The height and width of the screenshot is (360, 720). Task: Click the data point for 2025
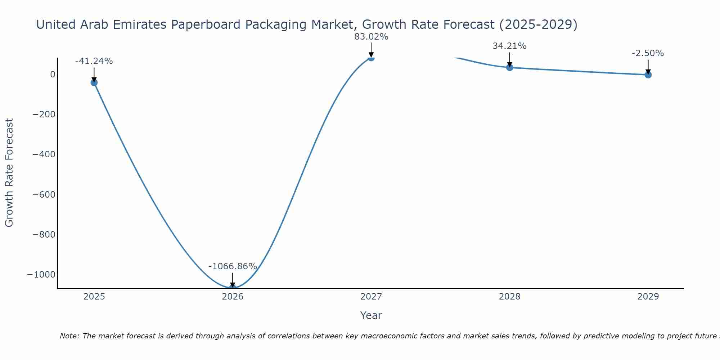(94, 82)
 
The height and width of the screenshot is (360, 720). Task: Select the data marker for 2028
(509, 67)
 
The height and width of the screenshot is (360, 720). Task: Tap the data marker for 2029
(648, 75)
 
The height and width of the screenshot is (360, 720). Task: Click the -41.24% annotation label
(94, 61)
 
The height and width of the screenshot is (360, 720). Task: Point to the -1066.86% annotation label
(233, 266)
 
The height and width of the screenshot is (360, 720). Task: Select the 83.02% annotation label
(371, 37)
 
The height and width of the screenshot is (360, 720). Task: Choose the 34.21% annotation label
(509, 46)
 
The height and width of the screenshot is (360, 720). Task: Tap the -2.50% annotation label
(648, 53)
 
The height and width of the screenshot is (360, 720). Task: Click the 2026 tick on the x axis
(233, 297)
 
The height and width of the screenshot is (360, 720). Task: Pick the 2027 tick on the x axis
(371, 297)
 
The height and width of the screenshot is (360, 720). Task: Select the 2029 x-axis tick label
(648, 297)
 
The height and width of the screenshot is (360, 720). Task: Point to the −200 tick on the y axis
(44, 114)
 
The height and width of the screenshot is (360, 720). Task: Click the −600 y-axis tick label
(44, 195)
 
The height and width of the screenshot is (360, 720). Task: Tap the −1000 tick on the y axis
(41, 275)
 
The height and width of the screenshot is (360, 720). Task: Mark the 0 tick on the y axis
(53, 75)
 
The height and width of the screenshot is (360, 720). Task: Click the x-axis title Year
(371, 315)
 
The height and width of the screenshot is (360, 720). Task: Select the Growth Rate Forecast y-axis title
(9, 173)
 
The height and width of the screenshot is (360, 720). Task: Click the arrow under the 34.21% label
(509, 59)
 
